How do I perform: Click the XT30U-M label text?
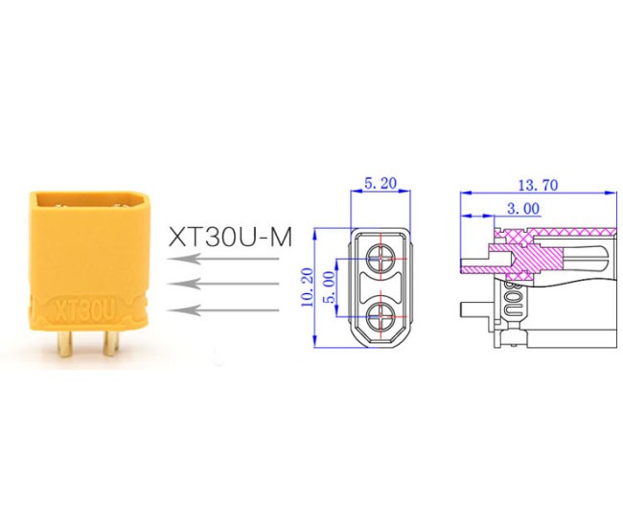tap(229, 236)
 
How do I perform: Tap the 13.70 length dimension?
tap(537, 183)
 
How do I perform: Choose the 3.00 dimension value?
tap(521, 206)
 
